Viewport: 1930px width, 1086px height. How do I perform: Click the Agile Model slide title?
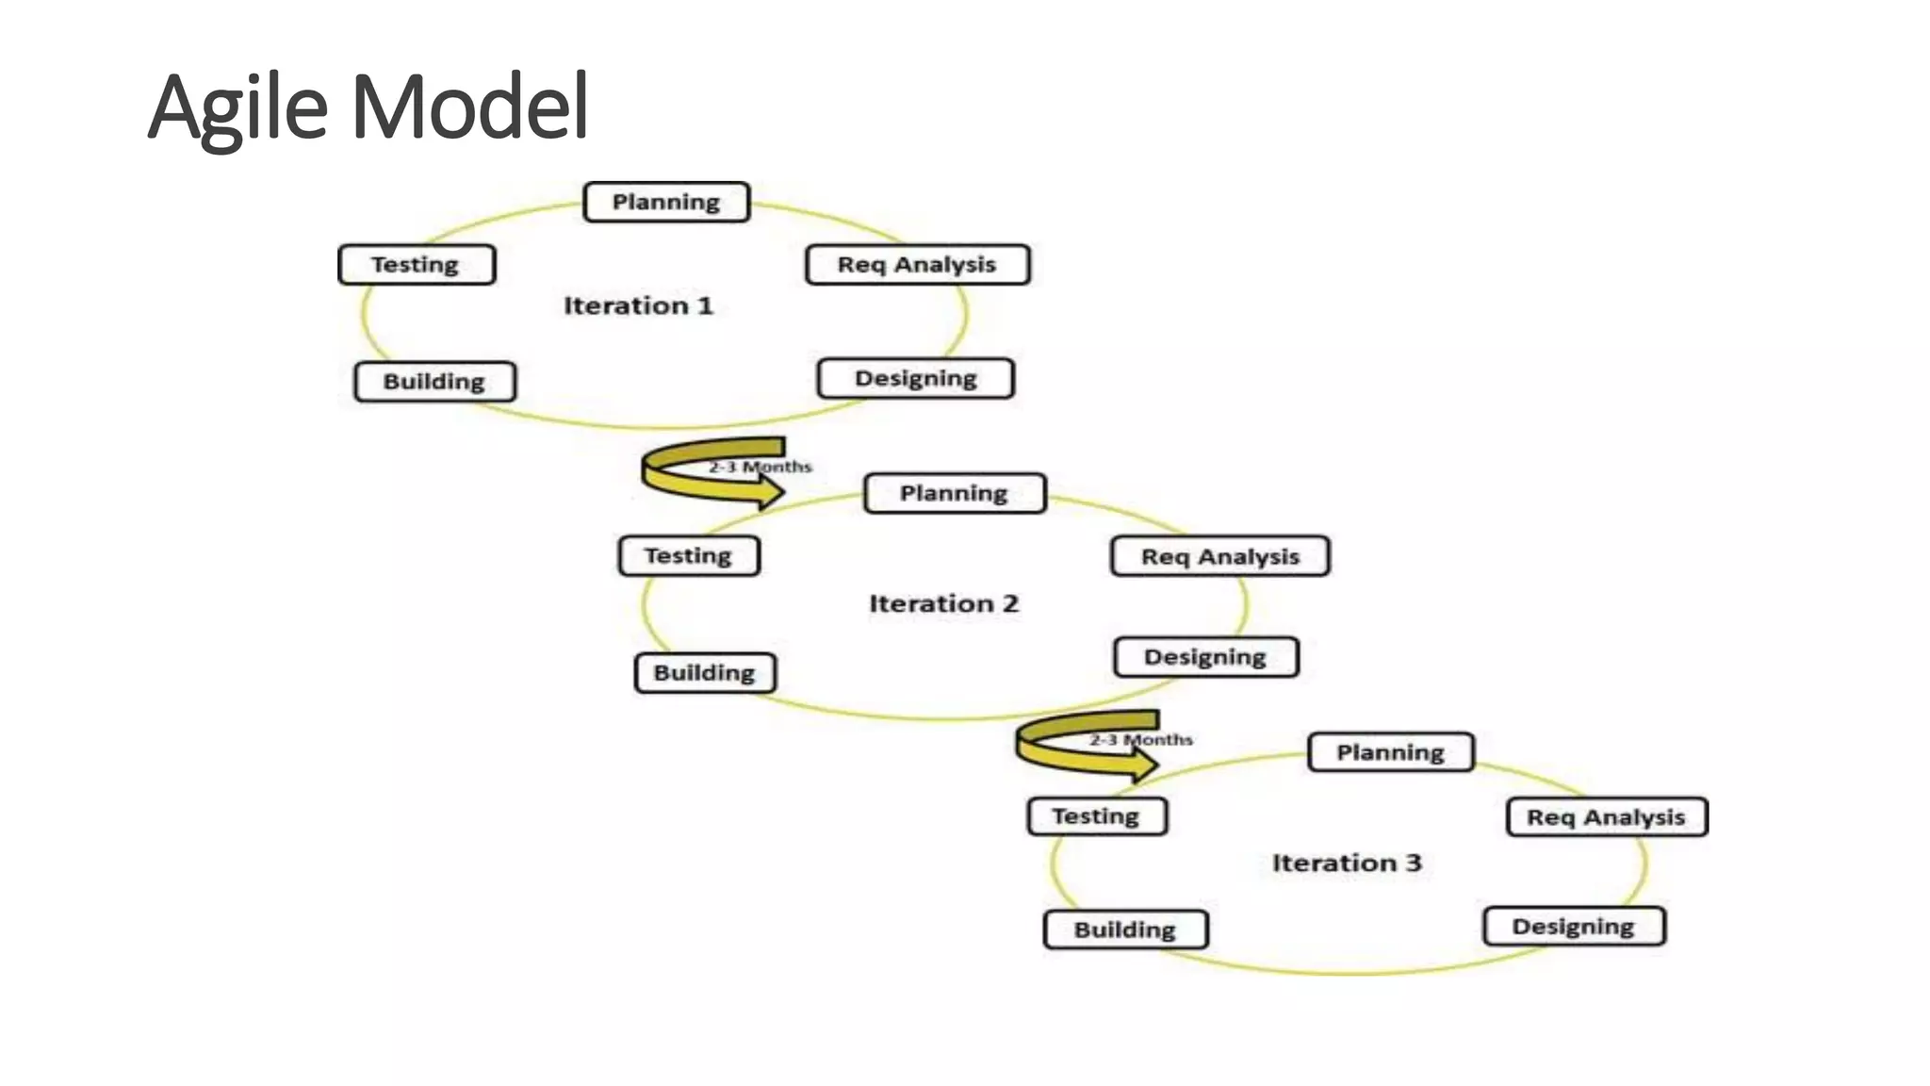pos(368,107)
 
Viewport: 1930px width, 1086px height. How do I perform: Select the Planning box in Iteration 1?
pos(666,202)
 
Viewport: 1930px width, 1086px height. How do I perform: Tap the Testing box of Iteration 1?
pos(417,265)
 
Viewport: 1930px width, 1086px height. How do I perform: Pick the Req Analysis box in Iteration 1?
pos(917,265)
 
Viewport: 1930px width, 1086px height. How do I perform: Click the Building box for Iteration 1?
pos(434,382)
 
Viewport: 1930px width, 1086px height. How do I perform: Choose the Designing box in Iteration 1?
pos(915,378)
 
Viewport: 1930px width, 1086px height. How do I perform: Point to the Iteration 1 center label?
pos(638,305)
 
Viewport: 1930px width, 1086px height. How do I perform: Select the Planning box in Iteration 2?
pos(954,493)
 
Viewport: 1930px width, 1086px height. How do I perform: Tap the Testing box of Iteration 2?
pos(689,556)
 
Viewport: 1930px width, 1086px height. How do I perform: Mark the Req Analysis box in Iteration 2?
pos(1220,556)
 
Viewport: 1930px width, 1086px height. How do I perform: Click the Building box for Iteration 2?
pos(705,673)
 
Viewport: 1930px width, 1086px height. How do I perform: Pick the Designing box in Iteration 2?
pos(1205,657)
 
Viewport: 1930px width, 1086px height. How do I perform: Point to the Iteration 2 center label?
pos(943,603)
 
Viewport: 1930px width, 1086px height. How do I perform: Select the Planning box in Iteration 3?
pos(1390,752)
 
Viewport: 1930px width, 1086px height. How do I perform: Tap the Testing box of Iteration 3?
pos(1096,816)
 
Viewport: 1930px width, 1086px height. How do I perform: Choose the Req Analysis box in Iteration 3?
pos(1606,817)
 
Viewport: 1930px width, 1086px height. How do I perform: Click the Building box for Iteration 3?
pos(1125,930)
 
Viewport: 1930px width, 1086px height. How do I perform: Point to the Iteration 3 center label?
pos(1347,863)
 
